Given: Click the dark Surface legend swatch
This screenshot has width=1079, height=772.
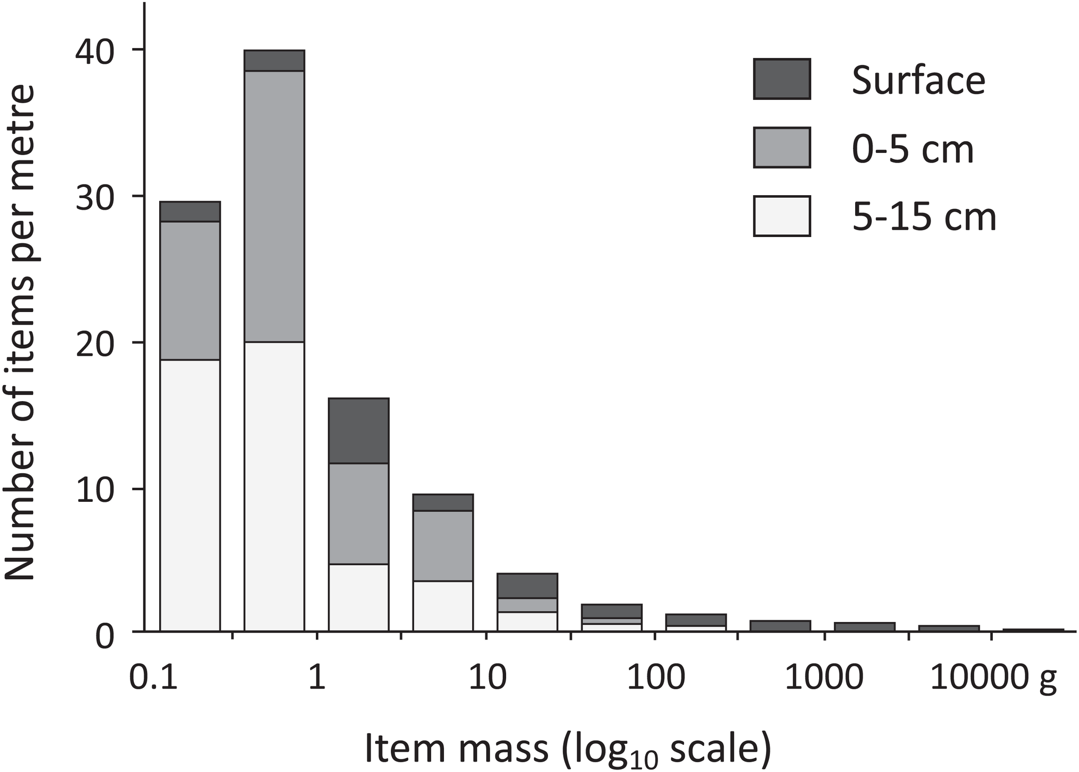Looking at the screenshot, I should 782,79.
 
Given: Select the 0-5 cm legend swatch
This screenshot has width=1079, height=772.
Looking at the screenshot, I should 782,147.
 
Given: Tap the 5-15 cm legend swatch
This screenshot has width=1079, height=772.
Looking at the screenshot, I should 782,216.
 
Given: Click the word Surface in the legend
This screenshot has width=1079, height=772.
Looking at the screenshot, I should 918,80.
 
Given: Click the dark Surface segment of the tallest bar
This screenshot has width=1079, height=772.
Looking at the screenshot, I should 274,60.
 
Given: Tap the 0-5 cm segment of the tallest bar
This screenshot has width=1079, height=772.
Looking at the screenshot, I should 274,206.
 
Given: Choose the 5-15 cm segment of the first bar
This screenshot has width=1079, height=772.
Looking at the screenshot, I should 190,496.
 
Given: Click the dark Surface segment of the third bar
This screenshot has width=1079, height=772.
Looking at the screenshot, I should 359,431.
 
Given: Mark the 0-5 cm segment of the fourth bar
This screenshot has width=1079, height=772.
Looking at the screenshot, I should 443,546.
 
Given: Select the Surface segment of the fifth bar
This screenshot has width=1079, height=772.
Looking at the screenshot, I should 527,586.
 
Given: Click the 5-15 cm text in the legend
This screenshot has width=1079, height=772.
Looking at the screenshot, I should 924,217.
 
